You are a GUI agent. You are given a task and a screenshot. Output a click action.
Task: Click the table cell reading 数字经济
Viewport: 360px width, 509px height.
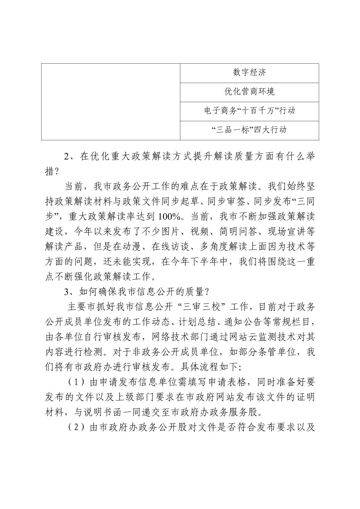(x=249, y=72)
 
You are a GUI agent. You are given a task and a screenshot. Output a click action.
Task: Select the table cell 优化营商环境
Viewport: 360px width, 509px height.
(x=249, y=92)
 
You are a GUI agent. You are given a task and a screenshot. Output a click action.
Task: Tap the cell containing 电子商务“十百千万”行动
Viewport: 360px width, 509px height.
(x=249, y=111)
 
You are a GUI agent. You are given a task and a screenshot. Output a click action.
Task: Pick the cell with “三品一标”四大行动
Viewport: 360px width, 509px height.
(x=249, y=130)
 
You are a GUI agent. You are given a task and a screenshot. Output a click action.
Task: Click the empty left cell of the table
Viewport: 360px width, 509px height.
(x=111, y=101)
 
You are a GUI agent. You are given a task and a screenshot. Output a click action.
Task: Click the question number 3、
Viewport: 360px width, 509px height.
(x=70, y=292)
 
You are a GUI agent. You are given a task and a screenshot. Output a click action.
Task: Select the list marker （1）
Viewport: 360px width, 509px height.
(x=77, y=382)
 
